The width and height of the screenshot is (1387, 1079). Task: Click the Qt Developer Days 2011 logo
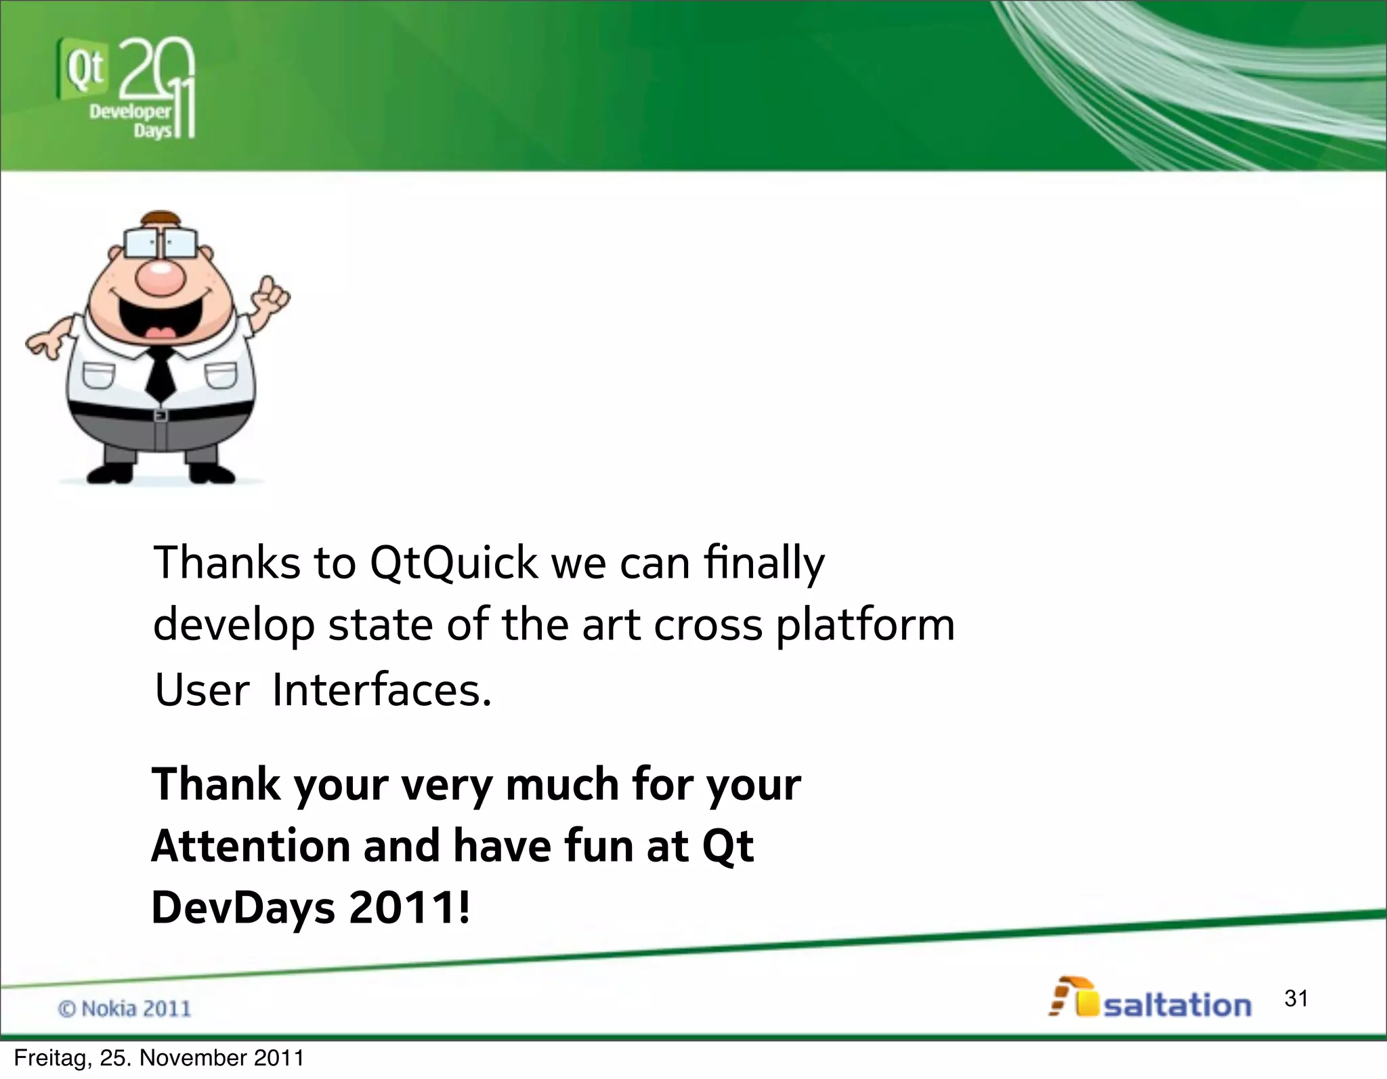[126, 88]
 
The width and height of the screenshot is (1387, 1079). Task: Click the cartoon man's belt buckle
[161, 415]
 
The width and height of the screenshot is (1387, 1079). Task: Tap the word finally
[764, 564]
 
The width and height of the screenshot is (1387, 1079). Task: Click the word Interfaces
[381, 691]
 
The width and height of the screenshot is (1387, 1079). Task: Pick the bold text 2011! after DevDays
[408, 908]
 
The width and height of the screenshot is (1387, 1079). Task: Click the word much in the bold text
[562, 785]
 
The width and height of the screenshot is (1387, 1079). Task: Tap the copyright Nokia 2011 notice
[125, 1009]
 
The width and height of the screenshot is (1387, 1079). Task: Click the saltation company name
[1177, 1005]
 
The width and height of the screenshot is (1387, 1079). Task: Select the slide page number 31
[1296, 998]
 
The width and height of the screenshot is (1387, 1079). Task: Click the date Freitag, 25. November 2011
[158, 1058]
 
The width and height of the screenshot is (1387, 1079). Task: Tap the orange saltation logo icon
[1073, 997]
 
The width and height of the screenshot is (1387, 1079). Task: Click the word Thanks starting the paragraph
[227, 564]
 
